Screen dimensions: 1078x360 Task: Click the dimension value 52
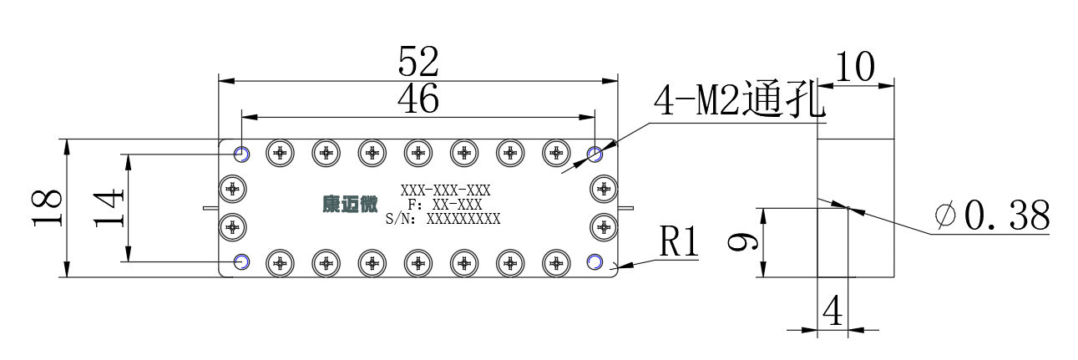click(418, 62)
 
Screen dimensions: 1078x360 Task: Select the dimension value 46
click(418, 99)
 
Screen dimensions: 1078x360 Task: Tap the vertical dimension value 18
click(47, 208)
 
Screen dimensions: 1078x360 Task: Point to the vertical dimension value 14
click(109, 208)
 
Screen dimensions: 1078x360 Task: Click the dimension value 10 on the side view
click(856, 67)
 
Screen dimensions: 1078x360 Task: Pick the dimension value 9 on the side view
click(743, 242)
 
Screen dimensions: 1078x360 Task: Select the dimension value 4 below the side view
click(833, 311)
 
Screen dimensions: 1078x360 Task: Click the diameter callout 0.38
click(993, 215)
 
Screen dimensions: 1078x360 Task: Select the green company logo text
click(351, 205)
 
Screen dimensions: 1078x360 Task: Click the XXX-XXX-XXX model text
click(446, 190)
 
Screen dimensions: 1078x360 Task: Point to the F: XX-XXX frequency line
click(445, 205)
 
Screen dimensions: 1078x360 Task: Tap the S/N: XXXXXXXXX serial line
click(443, 219)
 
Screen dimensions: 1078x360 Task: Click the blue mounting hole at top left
click(241, 155)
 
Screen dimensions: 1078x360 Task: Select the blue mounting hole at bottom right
click(595, 261)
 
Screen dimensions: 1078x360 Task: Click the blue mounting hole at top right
click(595, 155)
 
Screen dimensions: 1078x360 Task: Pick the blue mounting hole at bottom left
click(241, 262)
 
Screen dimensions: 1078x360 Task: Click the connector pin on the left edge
click(210, 208)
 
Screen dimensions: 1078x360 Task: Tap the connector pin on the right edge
click(625, 208)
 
